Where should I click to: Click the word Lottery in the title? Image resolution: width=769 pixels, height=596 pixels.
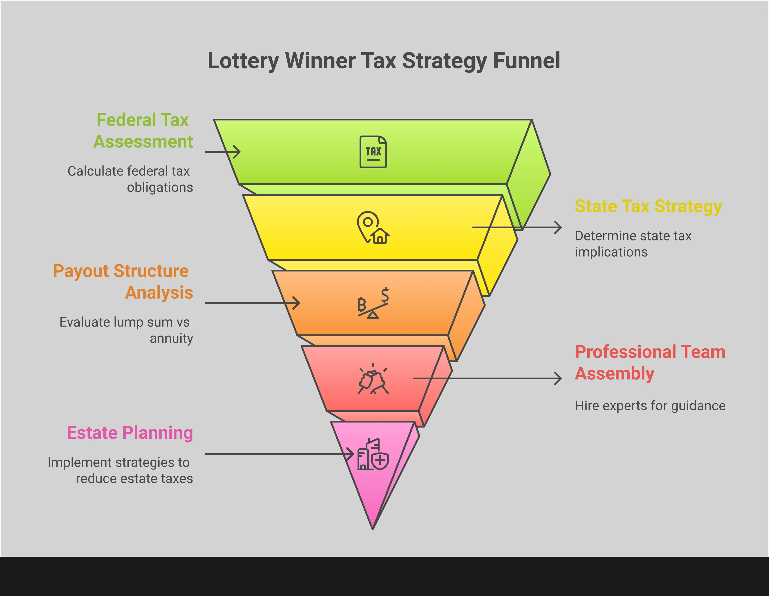click(x=243, y=61)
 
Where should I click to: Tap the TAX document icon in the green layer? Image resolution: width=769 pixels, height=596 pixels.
click(x=373, y=152)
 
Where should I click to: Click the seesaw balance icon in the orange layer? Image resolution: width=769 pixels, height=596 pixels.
click(x=373, y=303)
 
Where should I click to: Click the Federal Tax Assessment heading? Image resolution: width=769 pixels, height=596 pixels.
click(x=143, y=131)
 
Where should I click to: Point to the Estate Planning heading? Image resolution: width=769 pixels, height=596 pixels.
click(x=130, y=433)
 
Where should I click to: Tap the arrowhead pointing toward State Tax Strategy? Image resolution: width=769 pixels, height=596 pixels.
click(x=559, y=228)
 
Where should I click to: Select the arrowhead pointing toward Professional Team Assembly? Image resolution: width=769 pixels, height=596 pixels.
click(x=559, y=379)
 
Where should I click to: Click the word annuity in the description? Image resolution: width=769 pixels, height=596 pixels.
click(x=172, y=338)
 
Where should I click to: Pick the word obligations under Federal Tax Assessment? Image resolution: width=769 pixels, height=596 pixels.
click(x=160, y=187)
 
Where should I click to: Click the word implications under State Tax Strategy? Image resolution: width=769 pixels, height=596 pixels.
click(x=611, y=252)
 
